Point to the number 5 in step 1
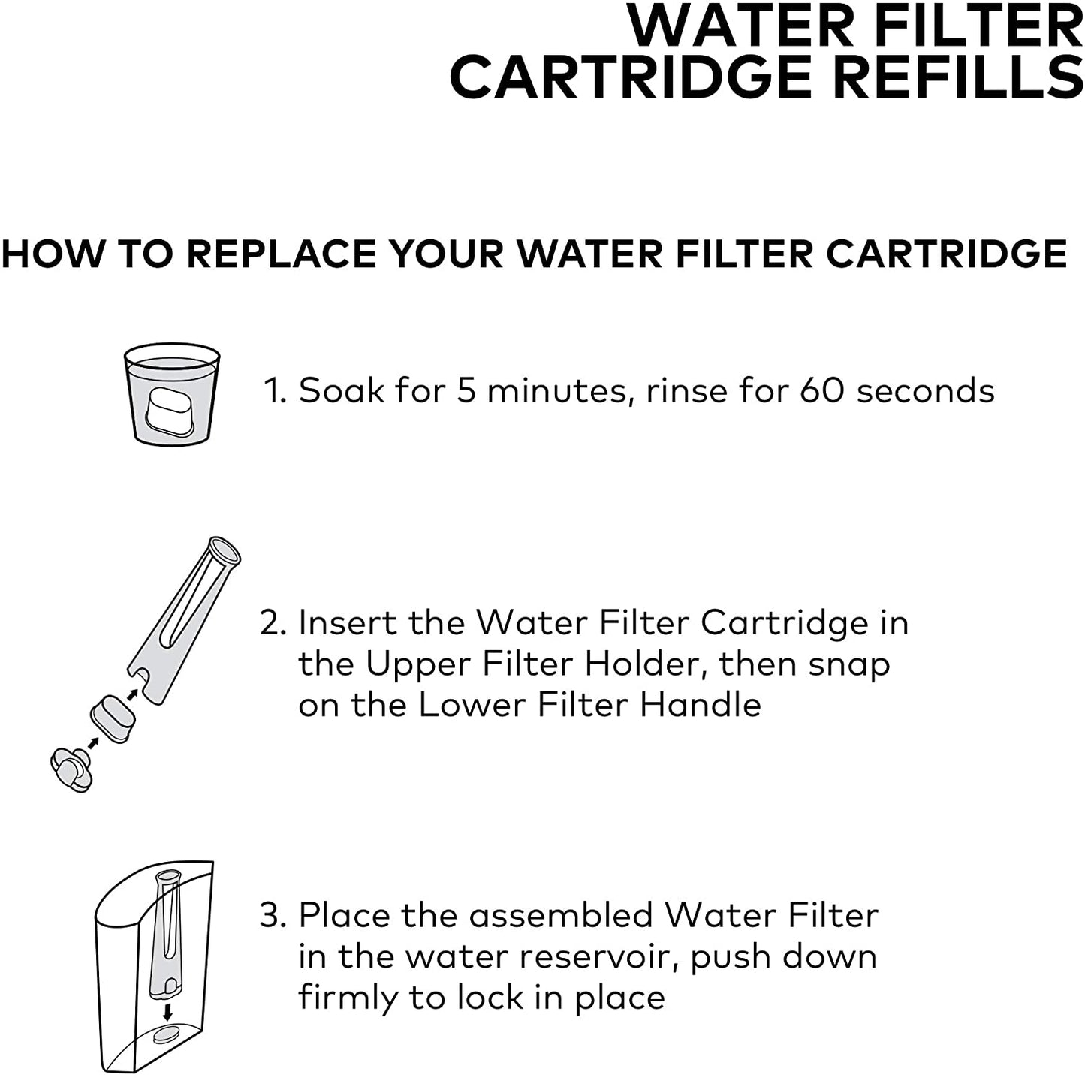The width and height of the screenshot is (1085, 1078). pos(466,390)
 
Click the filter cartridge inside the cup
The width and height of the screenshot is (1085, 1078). pos(170,411)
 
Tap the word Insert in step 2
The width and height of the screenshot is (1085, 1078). pos(346,622)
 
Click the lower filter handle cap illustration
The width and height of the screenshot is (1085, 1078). pos(71,770)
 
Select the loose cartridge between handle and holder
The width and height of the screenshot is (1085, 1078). pos(113,718)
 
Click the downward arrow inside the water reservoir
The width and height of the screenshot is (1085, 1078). pos(167,1012)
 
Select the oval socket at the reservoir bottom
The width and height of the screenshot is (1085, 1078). pos(167,1036)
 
